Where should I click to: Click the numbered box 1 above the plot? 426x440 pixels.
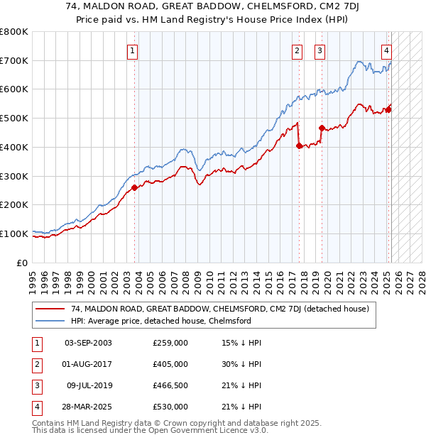(x=133, y=50)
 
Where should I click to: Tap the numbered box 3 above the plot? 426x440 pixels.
(x=320, y=50)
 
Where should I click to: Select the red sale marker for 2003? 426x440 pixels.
(x=134, y=188)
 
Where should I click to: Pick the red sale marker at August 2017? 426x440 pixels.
(x=299, y=145)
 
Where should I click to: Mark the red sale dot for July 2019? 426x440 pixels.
(x=322, y=128)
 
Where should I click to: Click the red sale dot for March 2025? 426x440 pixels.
(x=388, y=109)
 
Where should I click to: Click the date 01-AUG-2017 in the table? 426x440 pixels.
(x=88, y=364)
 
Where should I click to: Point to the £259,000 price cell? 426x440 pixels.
(x=170, y=343)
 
